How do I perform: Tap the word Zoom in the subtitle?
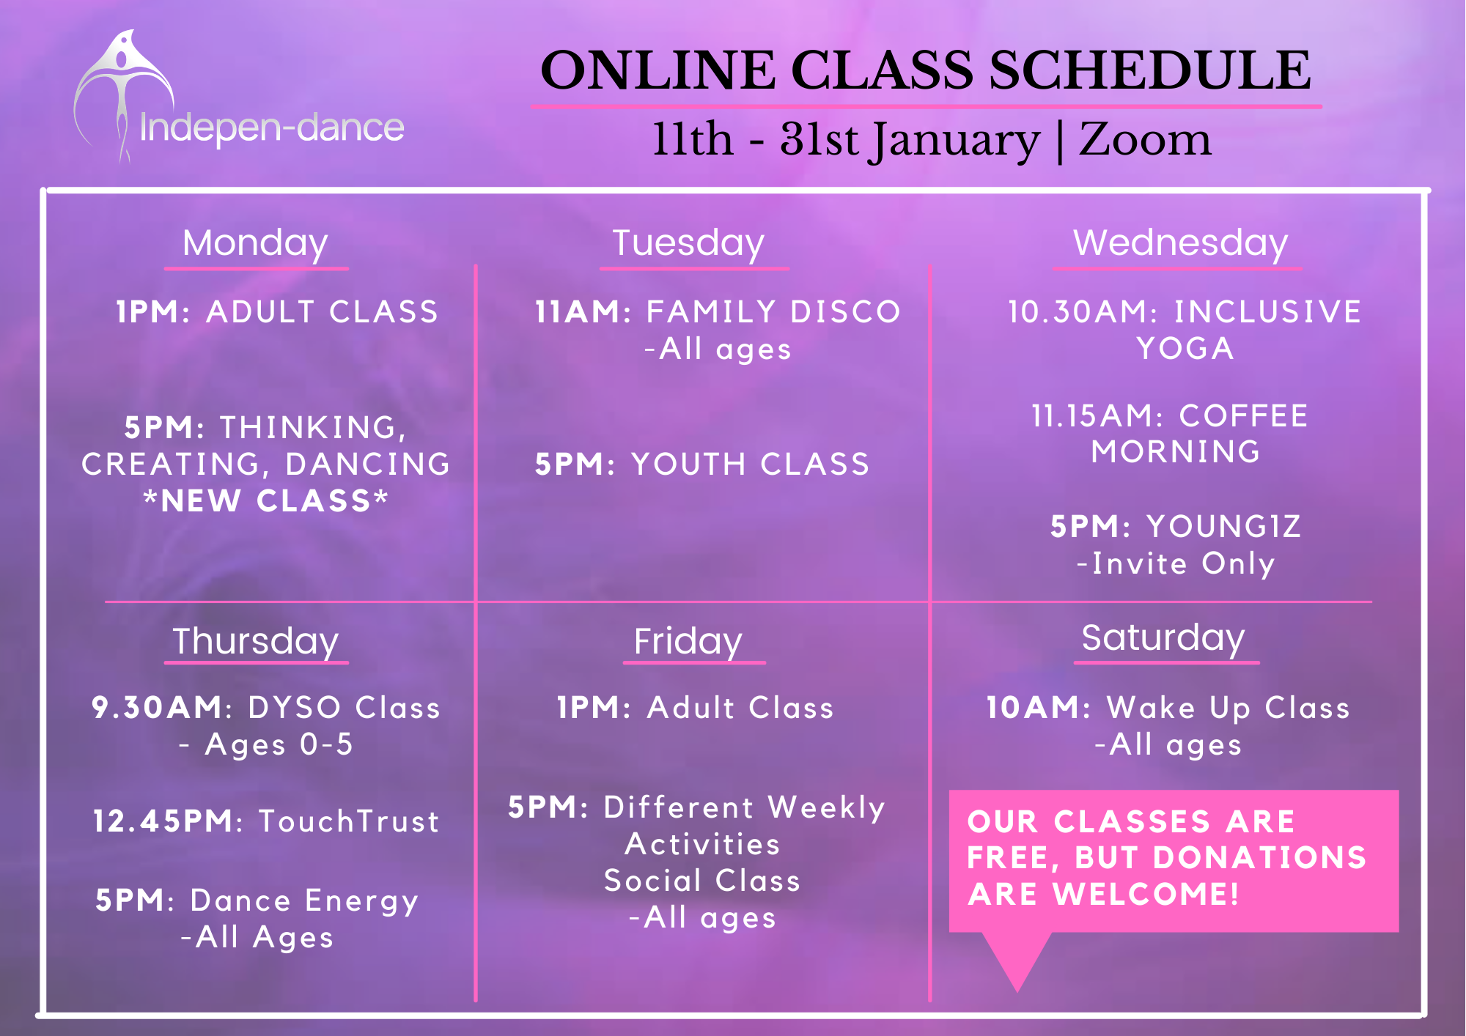1145,139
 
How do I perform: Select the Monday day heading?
255,244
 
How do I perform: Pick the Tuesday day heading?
688,244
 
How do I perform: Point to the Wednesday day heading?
1180,244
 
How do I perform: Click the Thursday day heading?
255,642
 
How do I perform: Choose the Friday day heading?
688,642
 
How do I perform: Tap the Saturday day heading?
1163,638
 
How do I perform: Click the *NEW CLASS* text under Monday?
265,501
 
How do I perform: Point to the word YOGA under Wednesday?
1185,349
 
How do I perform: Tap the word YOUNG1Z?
1223,527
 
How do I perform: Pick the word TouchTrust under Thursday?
349,821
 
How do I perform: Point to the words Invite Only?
1183,564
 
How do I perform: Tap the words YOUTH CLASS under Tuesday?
750,465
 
